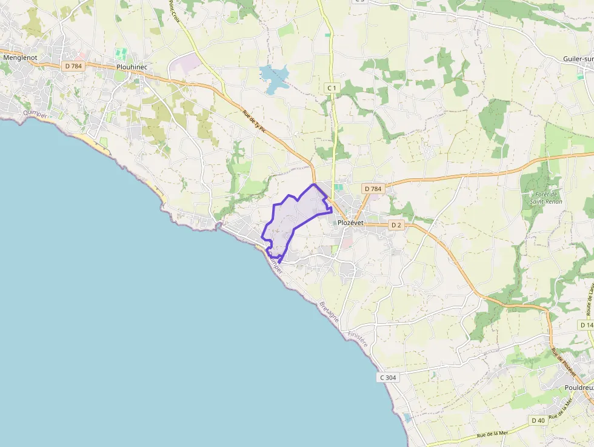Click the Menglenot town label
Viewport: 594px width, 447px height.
coord(21,58)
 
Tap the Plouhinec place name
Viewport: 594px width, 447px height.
coord(132,68)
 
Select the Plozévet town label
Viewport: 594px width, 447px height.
coord(350,223)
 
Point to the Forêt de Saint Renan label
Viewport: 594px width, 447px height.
coord(546,197)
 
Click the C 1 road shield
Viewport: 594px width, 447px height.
coord(332,89)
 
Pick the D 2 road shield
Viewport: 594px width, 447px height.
coord(396,225)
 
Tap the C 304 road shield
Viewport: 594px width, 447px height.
coord(388,377)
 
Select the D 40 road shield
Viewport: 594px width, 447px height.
coord(538,420)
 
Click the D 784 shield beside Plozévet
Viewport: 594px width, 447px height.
coord(373,189)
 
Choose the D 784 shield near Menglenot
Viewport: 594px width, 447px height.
coord(72,66)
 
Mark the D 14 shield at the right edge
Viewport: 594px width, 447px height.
coord(586,325)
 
